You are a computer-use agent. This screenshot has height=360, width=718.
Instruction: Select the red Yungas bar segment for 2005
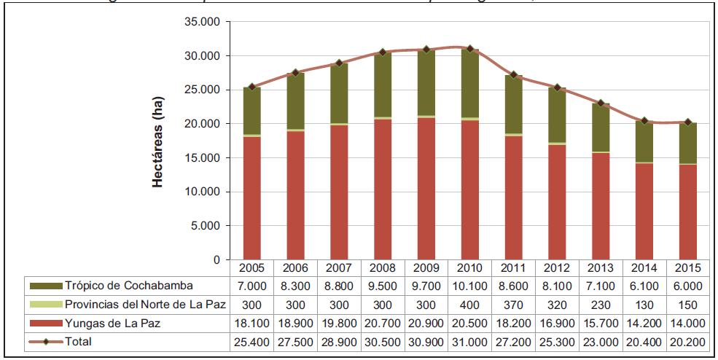coord(252,197)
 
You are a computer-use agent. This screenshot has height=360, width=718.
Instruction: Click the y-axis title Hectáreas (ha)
coord(157,141)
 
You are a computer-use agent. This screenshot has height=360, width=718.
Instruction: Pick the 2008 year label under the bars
coord(383,267)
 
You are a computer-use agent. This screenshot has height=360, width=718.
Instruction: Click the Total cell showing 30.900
coord(426,340)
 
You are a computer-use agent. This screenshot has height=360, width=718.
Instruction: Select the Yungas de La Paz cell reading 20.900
coord(426,321)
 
